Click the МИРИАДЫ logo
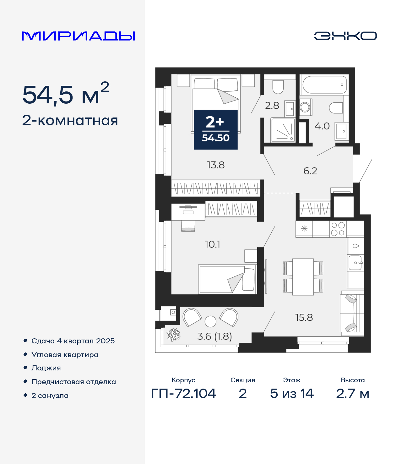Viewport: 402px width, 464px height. [78, 36]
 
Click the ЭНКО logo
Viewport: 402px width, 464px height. [345, 36]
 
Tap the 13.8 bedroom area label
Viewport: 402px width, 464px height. [216, 165]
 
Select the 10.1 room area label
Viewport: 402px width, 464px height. [212, 244]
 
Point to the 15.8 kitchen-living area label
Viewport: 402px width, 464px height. [304, 318]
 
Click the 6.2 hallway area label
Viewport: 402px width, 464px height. [310, 171]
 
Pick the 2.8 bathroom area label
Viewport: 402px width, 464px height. [272, 106]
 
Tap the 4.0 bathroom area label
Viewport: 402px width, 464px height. [322, 126]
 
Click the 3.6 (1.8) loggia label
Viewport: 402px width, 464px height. [215, 336]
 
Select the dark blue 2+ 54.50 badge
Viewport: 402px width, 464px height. [216, 130]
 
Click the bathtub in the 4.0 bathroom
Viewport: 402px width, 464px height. [324, 85]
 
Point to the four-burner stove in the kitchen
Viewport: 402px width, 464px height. [338, 229]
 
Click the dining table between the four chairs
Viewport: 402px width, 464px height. [303, 277]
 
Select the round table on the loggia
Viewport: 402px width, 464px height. [210, 321]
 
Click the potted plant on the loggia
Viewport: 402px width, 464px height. [173, 335]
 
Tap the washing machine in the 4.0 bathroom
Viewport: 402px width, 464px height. [306, 107]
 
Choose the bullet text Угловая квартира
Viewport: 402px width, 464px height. [65, 355]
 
